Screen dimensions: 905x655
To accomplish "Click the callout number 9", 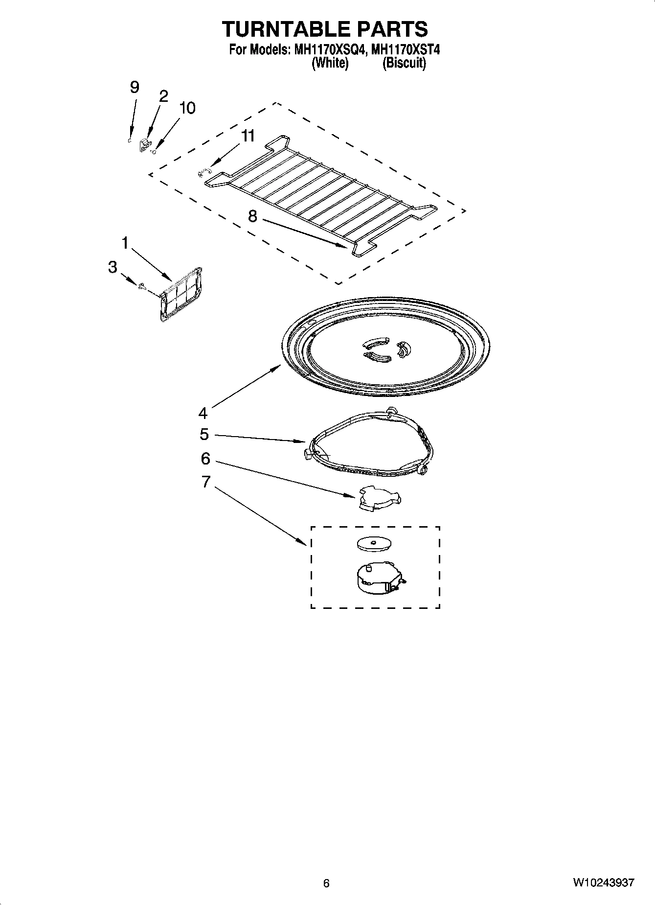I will tap(134, 88).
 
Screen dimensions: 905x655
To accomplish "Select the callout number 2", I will tap(163, 96).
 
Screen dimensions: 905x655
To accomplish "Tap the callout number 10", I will tap(187, 108).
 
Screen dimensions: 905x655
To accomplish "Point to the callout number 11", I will tap(248, 136).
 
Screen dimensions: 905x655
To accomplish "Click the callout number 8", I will tap(252, 216).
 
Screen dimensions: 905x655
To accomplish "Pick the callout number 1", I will tap(125, 243).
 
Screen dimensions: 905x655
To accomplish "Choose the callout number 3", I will tap(113, 267).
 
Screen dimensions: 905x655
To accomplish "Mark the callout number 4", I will tap(203, 413).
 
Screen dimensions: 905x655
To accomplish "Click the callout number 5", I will tap(204, 434).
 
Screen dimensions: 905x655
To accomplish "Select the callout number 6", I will tap(205, 459).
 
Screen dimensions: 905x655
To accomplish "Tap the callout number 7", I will tap(205, 482).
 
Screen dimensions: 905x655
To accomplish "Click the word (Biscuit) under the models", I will tap(404, 63).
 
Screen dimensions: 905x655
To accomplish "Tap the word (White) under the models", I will tap(330, 63).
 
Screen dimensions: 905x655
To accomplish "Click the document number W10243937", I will tap(604, 883).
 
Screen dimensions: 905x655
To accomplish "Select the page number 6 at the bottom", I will tap(326, 883).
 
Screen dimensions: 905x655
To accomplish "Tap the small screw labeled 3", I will tap(142, 287).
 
